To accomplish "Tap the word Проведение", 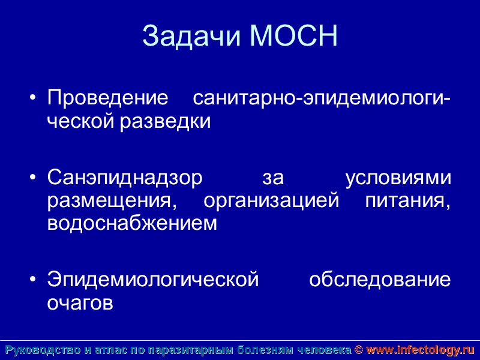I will click(x=107, y=98).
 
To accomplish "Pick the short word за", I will click(x=273, y=178).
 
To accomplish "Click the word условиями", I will click(x=398, y=178).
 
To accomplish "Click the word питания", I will click(x=407, y=201).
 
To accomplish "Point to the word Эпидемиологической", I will click(x=153, y=280).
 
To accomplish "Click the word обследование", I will click(x=379, y=280).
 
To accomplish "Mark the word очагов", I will click(x=80, y=302).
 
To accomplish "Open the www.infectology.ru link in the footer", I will click(x=420, y=350).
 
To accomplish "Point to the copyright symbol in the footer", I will click(x=359, y=350).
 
